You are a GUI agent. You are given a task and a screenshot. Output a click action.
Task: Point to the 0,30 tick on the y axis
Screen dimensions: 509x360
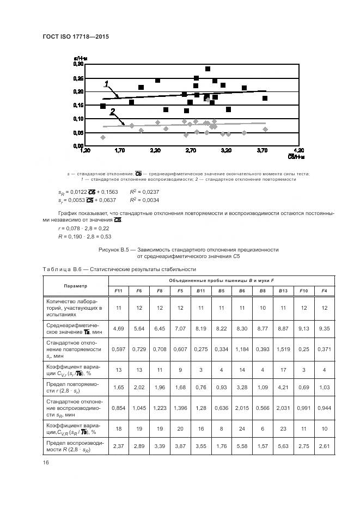78,64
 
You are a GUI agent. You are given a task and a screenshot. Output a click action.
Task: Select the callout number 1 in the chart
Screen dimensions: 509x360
107,83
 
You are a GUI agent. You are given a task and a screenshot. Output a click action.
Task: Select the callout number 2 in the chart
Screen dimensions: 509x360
113,111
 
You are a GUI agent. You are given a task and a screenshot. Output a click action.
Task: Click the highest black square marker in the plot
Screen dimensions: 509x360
208,69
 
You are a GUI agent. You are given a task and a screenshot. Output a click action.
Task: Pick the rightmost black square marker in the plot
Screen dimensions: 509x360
265,99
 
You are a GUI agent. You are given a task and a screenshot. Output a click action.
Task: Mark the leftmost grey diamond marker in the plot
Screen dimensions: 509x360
103,137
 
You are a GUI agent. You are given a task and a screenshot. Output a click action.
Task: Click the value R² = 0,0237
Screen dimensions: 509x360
143,192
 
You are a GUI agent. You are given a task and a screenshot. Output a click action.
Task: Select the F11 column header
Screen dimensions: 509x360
118,291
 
